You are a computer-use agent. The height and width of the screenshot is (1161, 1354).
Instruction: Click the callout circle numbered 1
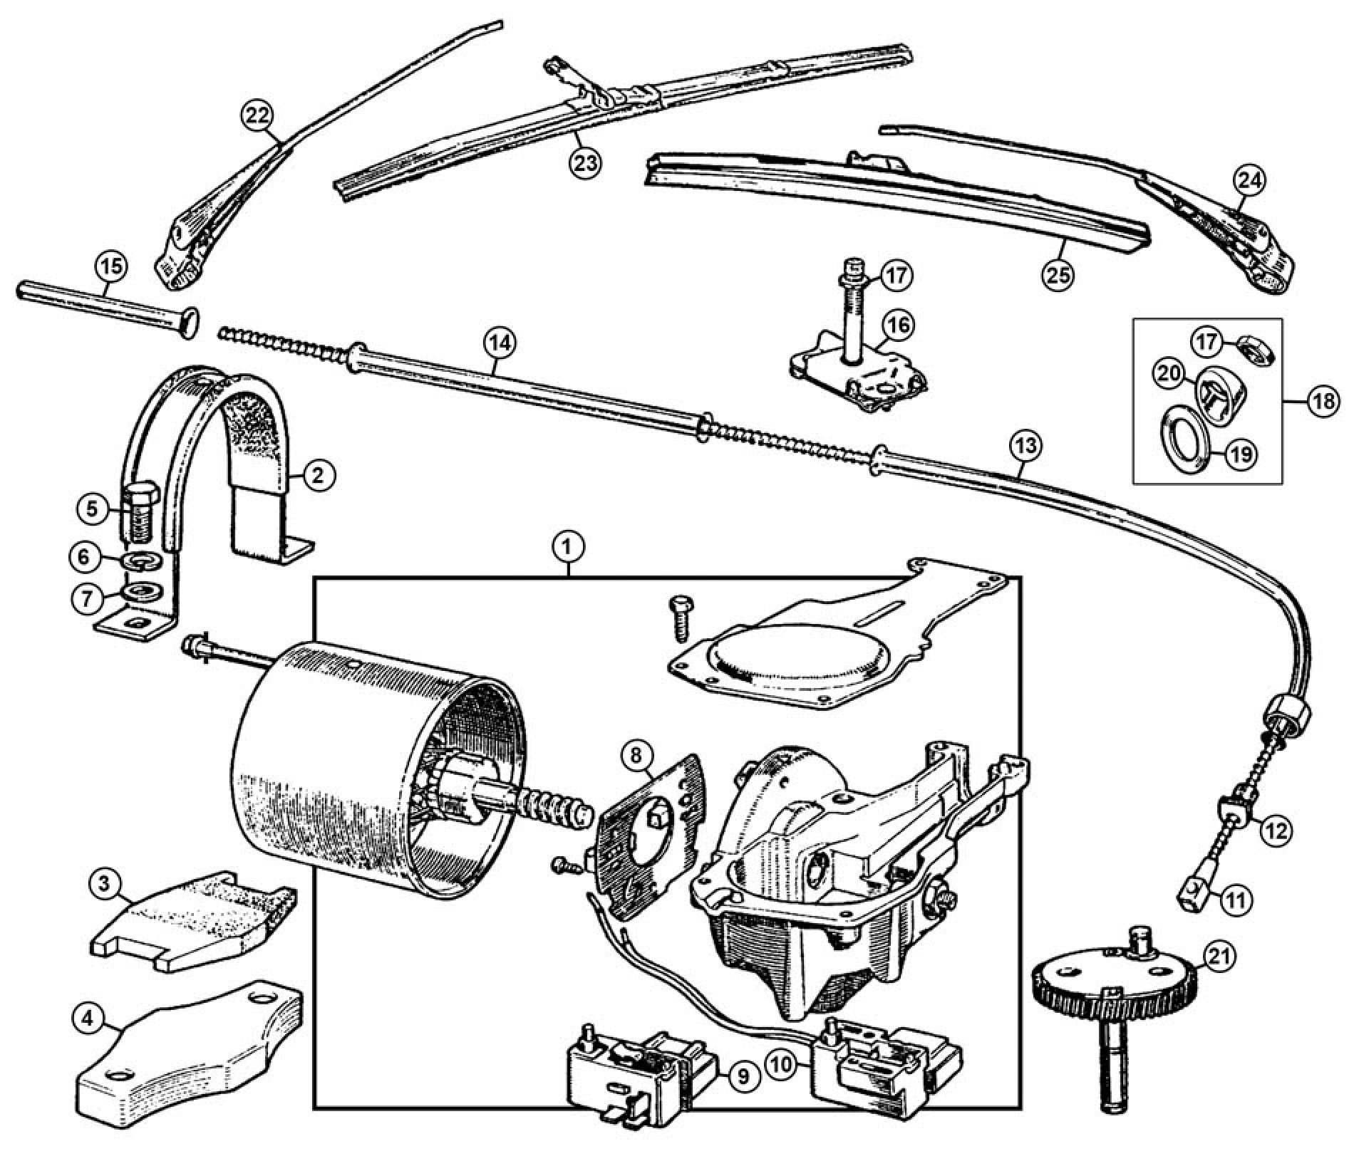pos(569,548)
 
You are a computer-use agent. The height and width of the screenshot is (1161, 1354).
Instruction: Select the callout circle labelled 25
pos(1058,274)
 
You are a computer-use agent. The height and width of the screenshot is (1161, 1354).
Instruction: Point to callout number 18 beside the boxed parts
pos(1323,402)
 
